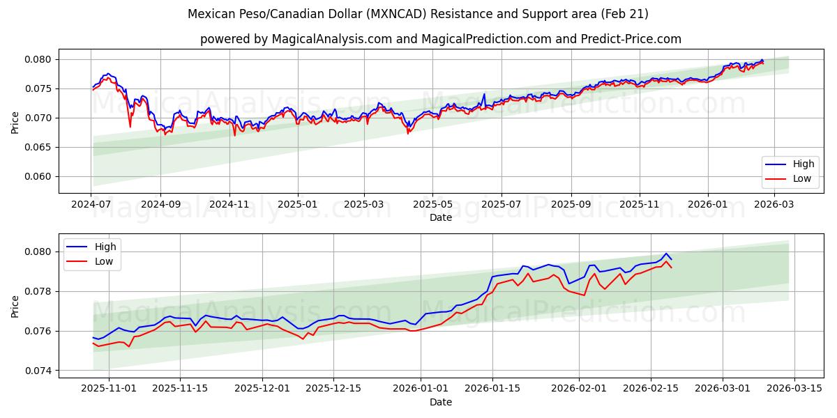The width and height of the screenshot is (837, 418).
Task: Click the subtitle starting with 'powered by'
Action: [x=440, y=39]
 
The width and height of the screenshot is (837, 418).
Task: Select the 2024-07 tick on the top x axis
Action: [x=92, y=205]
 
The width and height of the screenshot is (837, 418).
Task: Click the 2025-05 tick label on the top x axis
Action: [x=432, y=205]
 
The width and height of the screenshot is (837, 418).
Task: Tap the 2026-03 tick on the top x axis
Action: [x=774, y=205]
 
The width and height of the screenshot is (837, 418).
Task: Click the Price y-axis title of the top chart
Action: [x=15, y=123]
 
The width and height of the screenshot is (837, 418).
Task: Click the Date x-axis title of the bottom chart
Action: [x=440, y=402]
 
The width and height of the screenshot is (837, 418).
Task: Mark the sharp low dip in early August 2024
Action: [x=130, y=127]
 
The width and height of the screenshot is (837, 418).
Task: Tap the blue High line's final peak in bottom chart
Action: [x=666, y=254]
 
